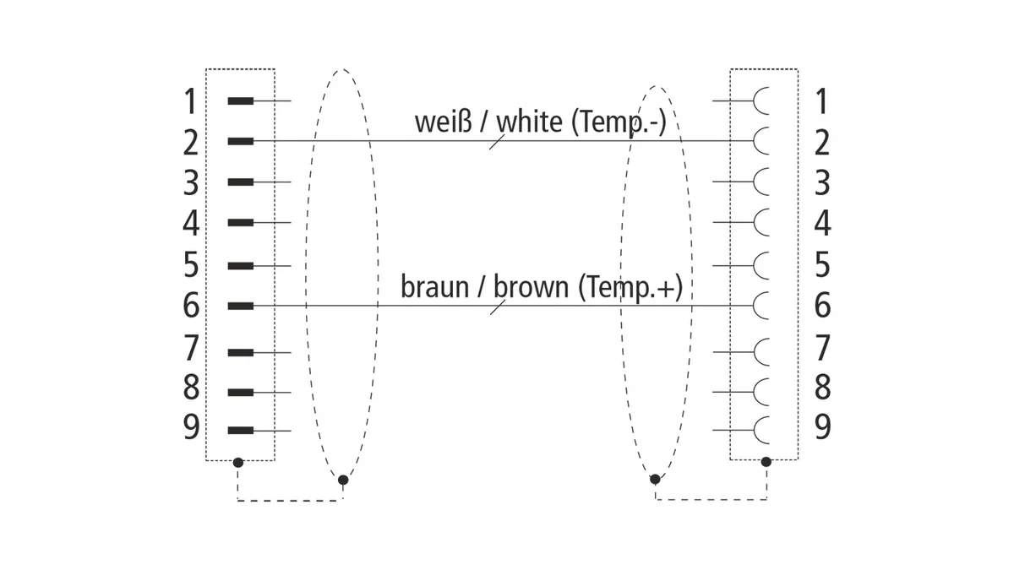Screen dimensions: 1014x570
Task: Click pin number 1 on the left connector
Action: (191, 101)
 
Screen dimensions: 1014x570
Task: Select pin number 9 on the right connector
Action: (822, 426)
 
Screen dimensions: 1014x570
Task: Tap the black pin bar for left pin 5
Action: (240, 265)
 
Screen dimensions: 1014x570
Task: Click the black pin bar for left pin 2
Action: (240, 141)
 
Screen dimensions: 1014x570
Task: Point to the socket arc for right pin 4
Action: (760, 222)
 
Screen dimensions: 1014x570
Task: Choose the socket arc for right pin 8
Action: (760, 392)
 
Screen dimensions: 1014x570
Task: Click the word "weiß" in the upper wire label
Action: (443, 122)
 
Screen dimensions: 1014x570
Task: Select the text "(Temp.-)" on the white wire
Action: (619, 122)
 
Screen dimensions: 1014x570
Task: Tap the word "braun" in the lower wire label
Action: (434, 287)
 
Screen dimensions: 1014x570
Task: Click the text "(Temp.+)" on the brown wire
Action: (630, 287)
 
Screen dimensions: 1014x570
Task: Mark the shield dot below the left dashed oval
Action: (343, 480)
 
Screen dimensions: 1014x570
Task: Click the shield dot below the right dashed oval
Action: (655, 479)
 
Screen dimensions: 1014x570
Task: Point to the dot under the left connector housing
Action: (238, 463)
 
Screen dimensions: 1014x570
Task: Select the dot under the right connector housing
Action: (766, 462)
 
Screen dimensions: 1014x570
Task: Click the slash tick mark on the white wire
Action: (497, 142)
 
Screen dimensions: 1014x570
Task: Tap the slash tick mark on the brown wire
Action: (498, 307)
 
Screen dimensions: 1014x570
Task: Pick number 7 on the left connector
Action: (191, 348)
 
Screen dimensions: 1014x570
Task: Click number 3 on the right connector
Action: (822, 183)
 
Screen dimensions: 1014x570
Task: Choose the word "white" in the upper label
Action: (530, 122)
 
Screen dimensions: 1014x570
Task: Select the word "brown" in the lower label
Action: (531, 287)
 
